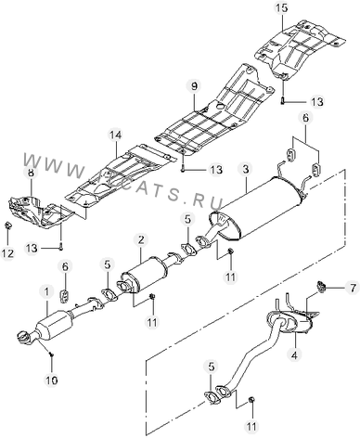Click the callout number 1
46,291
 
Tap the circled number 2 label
141,239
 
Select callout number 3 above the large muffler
246,169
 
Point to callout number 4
294,354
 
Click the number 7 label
353,289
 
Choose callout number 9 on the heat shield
194,86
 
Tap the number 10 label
52,380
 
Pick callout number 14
115,135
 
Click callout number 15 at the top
281,7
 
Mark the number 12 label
7,253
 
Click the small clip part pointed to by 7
322,286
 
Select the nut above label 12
7,226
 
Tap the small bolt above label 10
51,354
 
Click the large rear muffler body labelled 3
263,211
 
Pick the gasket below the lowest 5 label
212,397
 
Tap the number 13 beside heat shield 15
316,101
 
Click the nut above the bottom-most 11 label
251,400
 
